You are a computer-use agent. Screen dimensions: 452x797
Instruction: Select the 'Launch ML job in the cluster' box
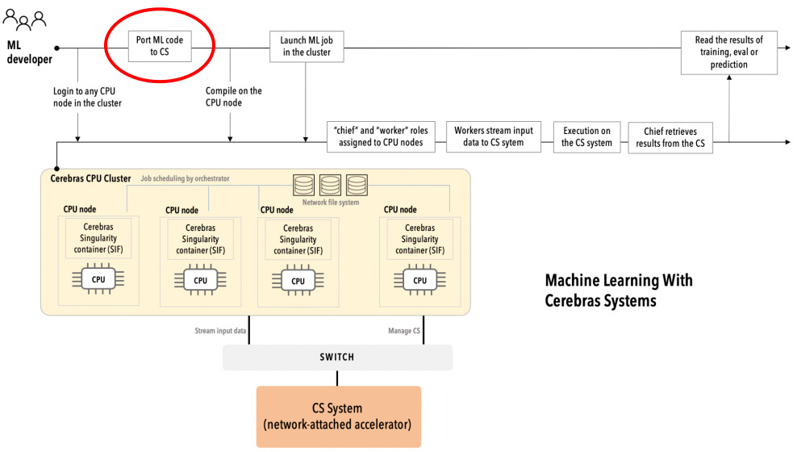(306, 47)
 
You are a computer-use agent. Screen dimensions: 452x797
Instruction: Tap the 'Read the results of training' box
(728, 52)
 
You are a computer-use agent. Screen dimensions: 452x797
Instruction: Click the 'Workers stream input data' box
(494, 136)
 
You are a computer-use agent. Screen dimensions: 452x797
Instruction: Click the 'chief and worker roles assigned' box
(381, 136)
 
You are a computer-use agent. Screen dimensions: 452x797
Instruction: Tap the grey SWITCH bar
(337, 357)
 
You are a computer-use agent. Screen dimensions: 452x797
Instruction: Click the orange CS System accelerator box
(339, 416)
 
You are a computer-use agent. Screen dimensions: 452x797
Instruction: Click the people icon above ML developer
(23, 19)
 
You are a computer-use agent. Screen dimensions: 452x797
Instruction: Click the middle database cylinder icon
(331, 185)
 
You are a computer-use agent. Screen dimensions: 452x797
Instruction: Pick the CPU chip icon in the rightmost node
(419, 280)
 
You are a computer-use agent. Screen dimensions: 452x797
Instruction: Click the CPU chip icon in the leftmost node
(98, 280)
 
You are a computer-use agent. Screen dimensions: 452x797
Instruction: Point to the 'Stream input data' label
(220, 331)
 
